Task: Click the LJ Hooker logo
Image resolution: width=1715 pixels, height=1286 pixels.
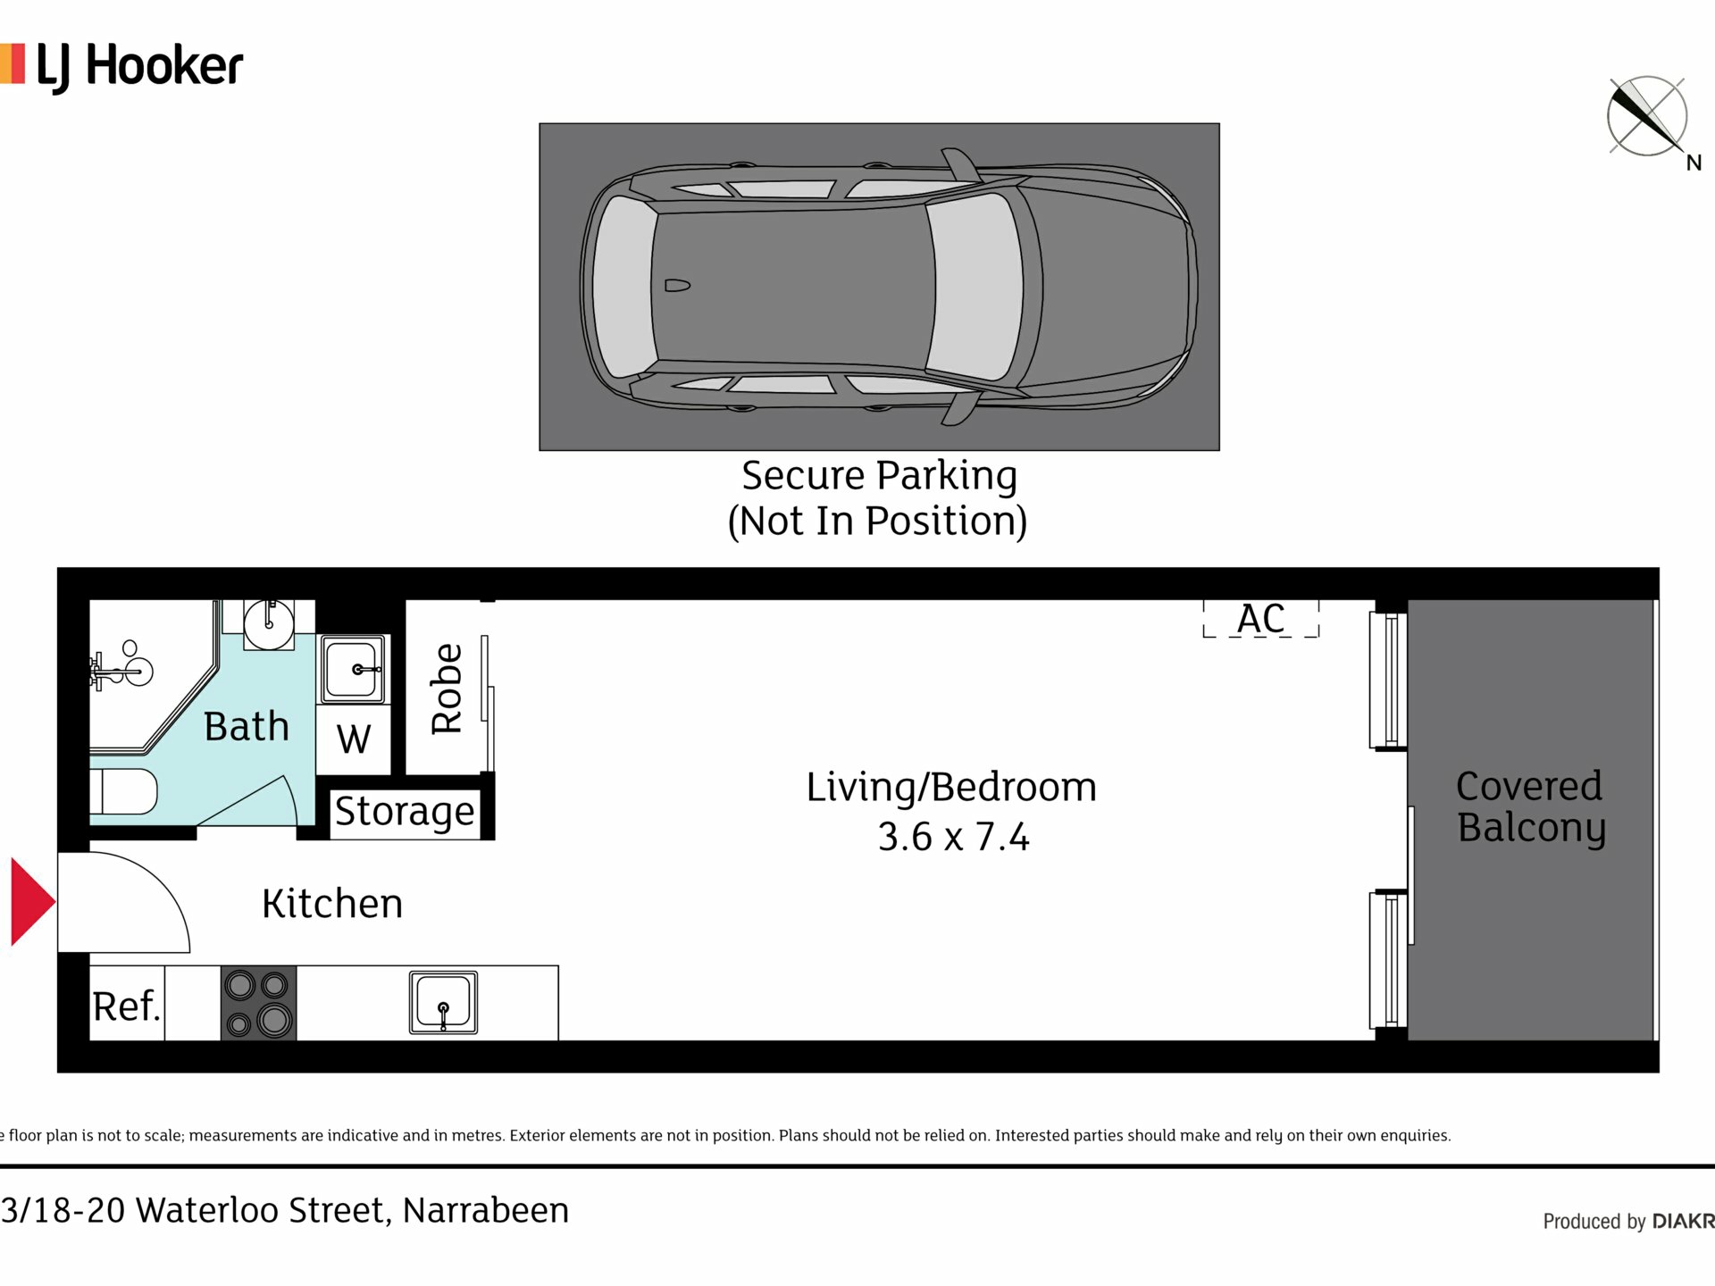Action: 122,67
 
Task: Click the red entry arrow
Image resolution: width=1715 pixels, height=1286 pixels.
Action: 32,901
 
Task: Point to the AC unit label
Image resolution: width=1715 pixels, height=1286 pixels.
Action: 1260,618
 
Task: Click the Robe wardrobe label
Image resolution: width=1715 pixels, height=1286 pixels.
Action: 447,689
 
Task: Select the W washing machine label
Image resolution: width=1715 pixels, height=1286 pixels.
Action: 354,739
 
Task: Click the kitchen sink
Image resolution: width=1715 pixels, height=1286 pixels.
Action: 443,1003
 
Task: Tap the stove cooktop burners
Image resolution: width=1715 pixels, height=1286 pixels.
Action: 258,1003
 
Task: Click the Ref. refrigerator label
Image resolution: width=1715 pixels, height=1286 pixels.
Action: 127,1006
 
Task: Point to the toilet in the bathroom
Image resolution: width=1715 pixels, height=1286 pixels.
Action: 123,791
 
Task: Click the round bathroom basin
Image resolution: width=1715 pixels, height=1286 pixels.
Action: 269,623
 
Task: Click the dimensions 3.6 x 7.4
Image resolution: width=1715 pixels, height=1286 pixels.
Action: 953,838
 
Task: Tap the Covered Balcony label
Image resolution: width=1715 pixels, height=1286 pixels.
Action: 1530,806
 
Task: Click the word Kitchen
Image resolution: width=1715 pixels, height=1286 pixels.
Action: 332,904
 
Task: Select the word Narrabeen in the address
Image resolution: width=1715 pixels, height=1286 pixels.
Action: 486,1211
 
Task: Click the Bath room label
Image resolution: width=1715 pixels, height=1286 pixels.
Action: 247,726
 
